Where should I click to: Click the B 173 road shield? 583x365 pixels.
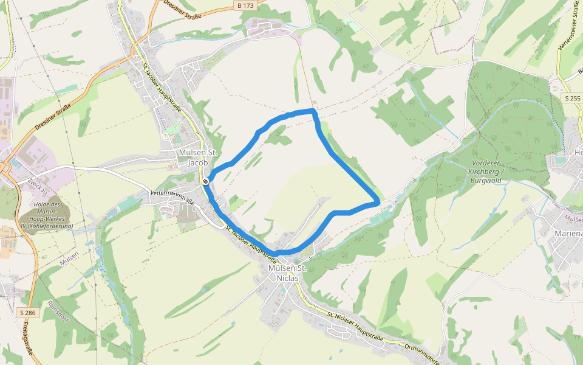[x=246, y=5]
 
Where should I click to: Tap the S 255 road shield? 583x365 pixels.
[x=572, y=98]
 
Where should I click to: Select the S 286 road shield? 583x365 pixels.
[x=26, y=313]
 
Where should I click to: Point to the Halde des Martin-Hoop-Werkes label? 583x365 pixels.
[x=47, y=215]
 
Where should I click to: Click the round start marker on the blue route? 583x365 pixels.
[x=206, y=181]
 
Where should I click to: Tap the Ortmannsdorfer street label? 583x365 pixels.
[x=419, y=352]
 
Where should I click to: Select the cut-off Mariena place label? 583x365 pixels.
[x=568, y=233]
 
